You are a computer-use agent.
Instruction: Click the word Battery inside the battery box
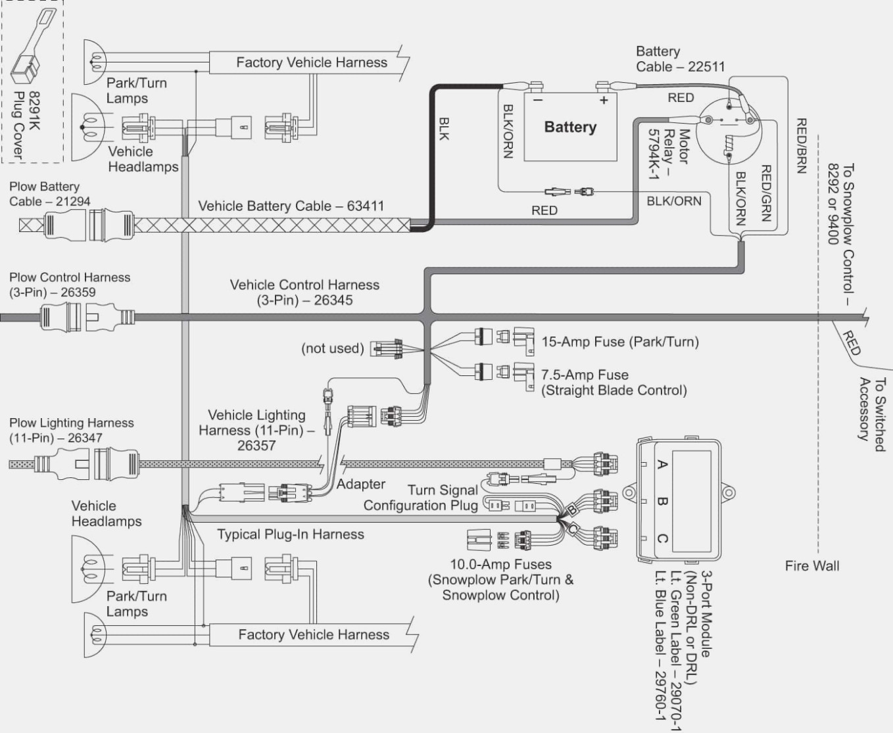569,127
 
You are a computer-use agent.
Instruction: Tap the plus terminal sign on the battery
603,101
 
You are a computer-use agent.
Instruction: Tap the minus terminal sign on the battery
537,101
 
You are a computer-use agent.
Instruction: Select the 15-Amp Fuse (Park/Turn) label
619,342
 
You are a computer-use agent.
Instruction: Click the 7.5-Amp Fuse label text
585,375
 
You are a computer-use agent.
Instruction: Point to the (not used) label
332,348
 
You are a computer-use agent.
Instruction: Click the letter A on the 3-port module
662,465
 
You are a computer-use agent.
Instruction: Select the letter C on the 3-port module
662,539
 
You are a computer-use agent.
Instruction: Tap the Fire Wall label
811,565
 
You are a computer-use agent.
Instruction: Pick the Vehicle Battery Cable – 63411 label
291,206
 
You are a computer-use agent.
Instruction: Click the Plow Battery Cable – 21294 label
49,194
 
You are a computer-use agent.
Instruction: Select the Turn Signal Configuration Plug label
421,498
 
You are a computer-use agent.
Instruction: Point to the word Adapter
361,484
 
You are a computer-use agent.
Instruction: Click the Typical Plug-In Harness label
290,534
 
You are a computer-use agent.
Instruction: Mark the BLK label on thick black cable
444,128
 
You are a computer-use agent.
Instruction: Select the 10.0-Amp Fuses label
500,564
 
